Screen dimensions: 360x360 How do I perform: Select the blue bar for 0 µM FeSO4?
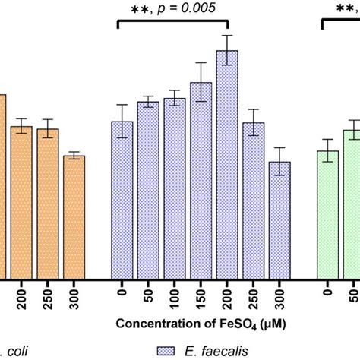click(x=122, y=201)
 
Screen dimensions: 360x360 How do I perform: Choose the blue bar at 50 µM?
click(x=148, y=191)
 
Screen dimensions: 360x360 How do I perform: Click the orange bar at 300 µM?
click(x=74, y=218)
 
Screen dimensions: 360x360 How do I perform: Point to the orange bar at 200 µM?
click(x=21, y=203)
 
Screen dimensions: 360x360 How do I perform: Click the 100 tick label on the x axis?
click(x=175, y=298)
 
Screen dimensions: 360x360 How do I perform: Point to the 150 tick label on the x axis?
click(x=201, y=298)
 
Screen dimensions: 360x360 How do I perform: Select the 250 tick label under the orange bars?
click(x=48, y=298)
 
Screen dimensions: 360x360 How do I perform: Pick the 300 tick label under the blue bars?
click(x=280, y=298)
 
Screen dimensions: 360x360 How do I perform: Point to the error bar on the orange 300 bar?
click(x=74, y=156)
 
